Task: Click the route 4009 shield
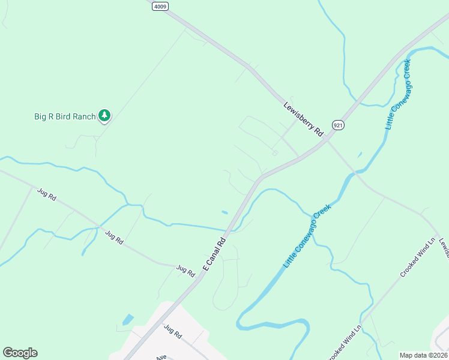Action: pos(160,6)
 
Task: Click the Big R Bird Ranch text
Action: pos(65,116)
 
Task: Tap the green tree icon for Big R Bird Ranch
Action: pos(105,115)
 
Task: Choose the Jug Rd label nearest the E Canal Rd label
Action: pos(185,271)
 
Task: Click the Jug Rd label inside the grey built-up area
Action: pos(172,331)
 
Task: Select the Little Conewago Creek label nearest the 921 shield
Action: pos(398,94)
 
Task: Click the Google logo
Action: pos(20,353)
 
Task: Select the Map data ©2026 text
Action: pos(423,355)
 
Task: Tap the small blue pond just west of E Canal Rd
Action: pos(224,212)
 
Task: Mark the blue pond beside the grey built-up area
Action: pos(128,320)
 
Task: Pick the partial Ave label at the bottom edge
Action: pos(161,357)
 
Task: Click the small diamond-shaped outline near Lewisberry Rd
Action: pos(275,153)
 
